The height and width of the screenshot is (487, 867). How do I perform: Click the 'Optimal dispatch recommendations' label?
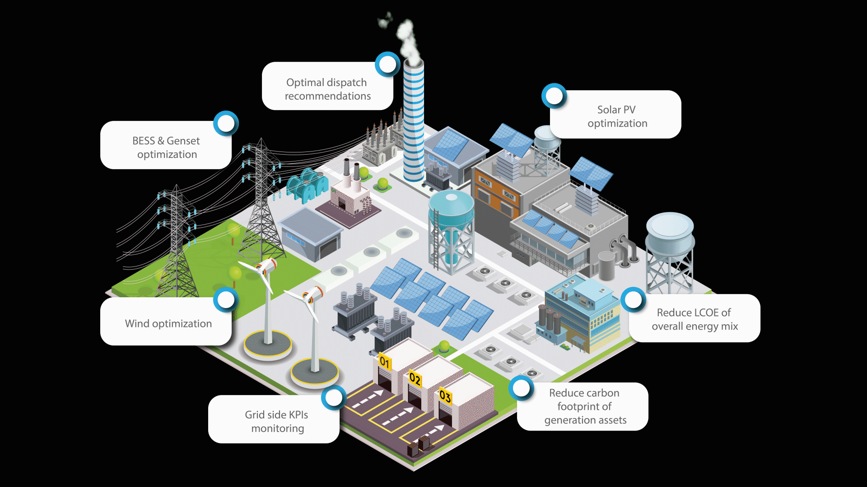tap(327, 89)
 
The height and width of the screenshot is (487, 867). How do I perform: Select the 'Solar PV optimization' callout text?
tap(617, 116)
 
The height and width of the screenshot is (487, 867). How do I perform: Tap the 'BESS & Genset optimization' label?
tap(167, 147)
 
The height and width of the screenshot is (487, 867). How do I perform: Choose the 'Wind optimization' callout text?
tap(168, 324)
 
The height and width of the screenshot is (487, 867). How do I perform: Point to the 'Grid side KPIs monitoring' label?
tap(277, 421)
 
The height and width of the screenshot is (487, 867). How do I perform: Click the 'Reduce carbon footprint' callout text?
tap(585, 406)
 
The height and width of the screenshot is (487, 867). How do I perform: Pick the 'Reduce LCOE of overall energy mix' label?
tap(695, 319)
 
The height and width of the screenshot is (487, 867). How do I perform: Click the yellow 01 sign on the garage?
tap(384, 362)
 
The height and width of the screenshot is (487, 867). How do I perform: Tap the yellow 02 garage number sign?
tap(415, 378)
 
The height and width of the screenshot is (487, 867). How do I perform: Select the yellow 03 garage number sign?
tap(445, 396)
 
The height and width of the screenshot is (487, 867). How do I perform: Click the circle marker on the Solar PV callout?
tap(554, 96)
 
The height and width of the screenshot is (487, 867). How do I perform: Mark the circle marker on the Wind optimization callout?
tap(225, 299)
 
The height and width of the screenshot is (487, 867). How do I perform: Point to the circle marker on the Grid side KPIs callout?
tap(334, 397)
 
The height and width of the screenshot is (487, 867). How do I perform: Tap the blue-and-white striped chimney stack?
tap(413, 122)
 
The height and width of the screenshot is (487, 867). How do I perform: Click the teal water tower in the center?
tap(451, 225)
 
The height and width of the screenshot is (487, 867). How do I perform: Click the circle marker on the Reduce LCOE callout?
tap(633, 300)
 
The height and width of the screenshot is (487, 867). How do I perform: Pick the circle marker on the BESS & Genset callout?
tap(226, 123)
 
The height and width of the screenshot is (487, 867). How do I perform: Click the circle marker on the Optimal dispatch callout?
tap(387, 64)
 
